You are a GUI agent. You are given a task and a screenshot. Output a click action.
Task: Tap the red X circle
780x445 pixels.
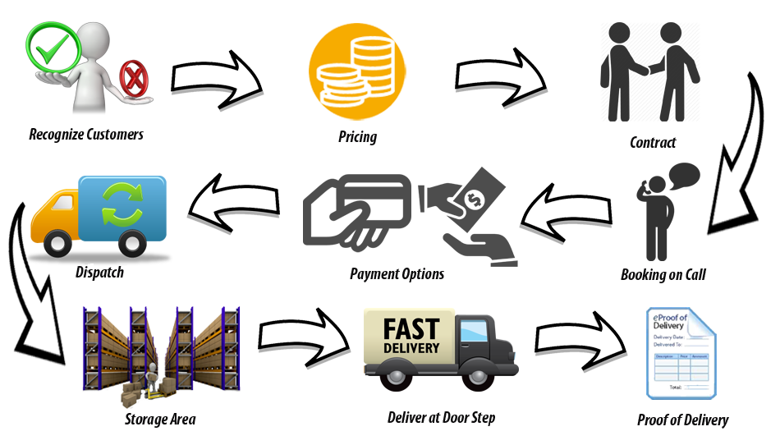click(131, 80)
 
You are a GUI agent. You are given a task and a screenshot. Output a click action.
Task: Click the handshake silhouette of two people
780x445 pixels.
click(649, 71)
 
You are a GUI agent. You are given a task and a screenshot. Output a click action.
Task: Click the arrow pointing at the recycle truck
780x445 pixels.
click(233, 204)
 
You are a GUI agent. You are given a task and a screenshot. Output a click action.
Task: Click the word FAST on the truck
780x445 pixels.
click(411, 329)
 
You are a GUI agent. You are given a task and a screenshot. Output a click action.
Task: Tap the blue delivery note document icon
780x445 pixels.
click(681, 353)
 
